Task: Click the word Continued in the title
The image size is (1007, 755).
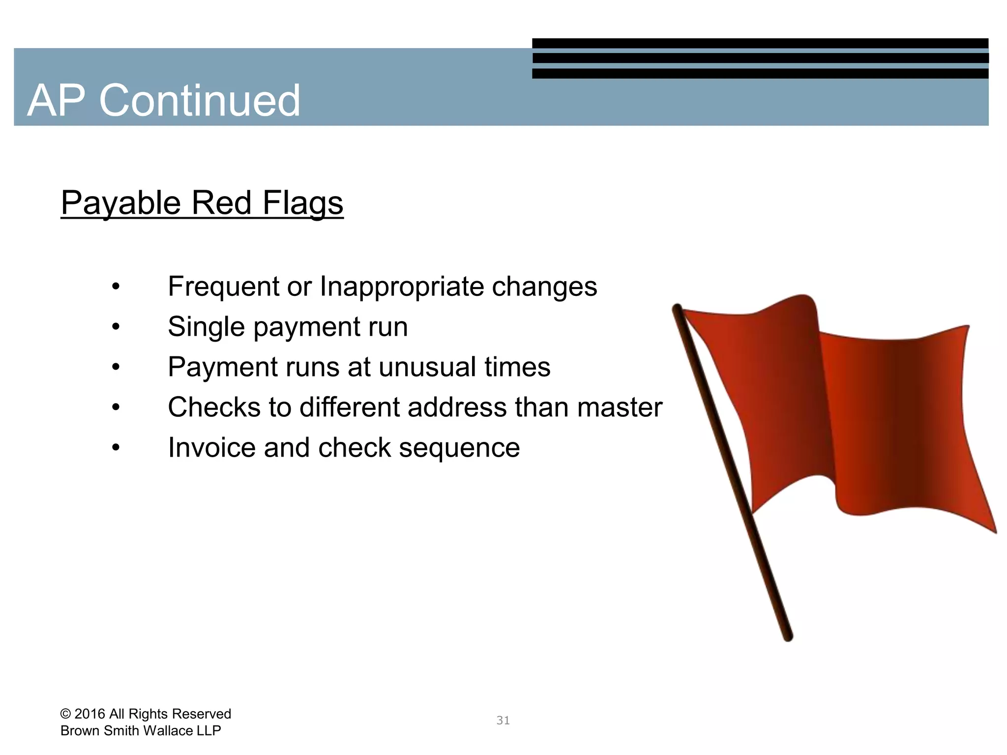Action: tap(199, 101)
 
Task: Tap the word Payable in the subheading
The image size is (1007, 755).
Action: tap(120, 203)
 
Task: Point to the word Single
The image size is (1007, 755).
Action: tap(206, 327)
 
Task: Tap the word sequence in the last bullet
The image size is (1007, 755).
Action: tap(459, 448)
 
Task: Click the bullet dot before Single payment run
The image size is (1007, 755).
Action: tap(116, 327)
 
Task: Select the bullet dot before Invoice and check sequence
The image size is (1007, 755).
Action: tap(116, 448)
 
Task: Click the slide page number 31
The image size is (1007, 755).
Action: tap(503, 721)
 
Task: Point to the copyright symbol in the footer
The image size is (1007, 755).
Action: tap(65, 714)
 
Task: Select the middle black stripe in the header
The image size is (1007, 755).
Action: tap(760, 58)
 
